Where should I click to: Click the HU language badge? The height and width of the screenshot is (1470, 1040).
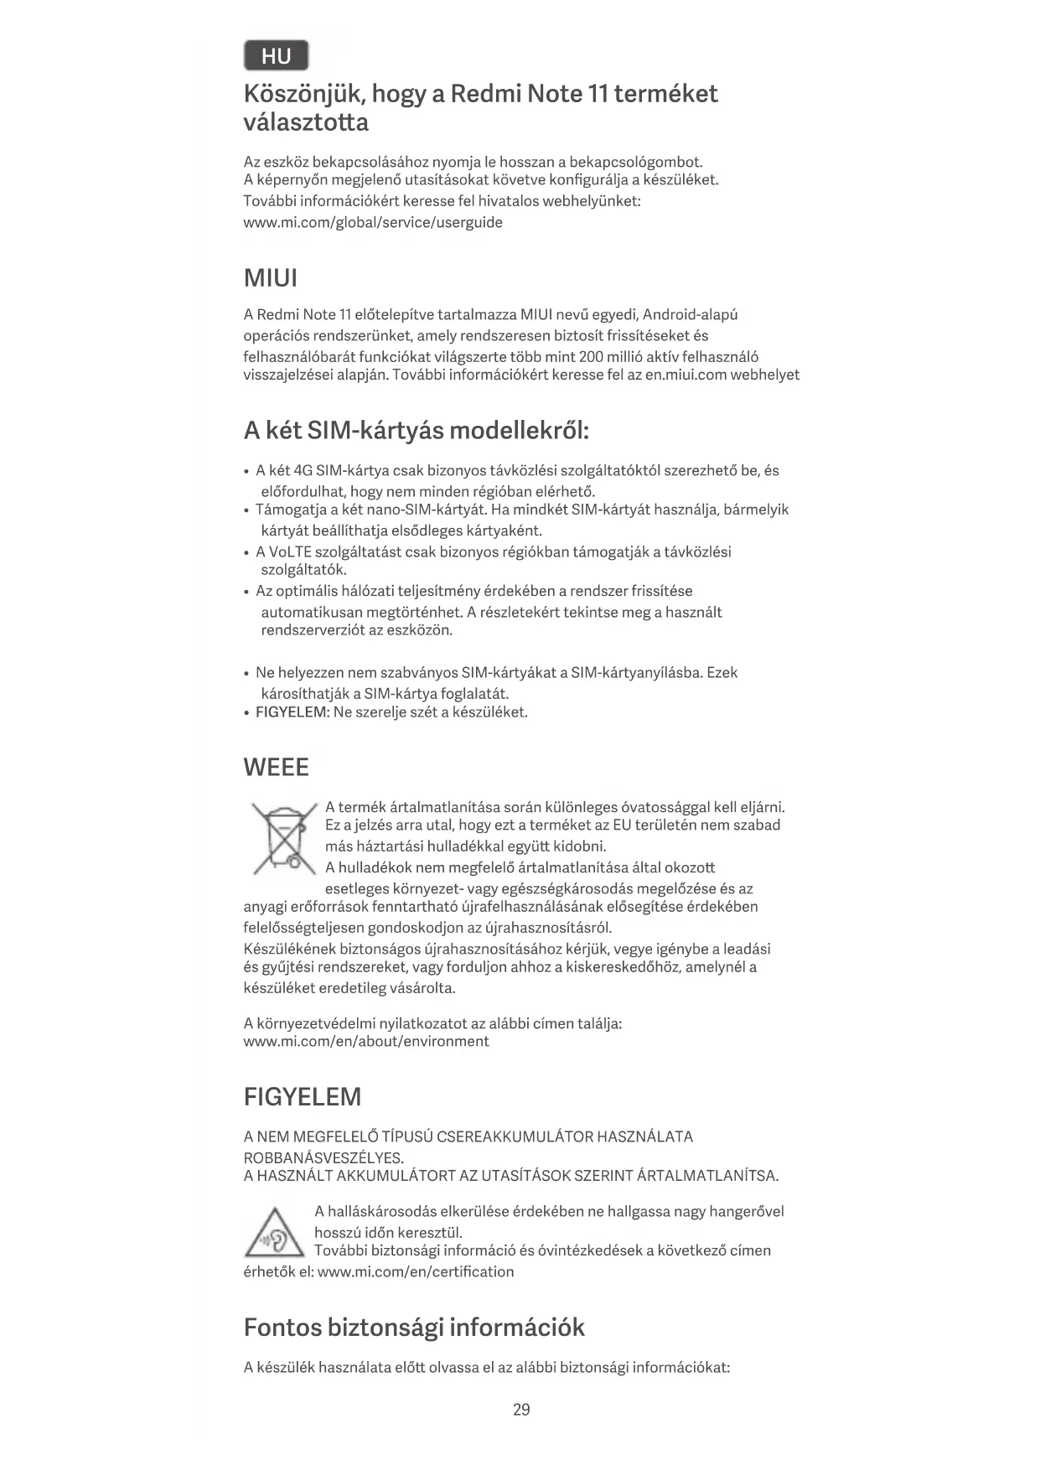[x=276, y=56]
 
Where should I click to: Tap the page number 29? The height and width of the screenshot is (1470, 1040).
[x=521, y=1409]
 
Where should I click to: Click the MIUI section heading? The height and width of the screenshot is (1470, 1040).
[x=270, y=278]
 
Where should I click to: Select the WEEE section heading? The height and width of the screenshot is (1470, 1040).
[x=276, y=767]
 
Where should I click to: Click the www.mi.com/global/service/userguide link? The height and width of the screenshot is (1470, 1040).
[x=373, y=222]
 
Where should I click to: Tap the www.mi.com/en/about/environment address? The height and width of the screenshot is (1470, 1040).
[x=366, y=1042]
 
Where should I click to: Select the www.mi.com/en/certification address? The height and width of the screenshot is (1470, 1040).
[x=416, y=1271]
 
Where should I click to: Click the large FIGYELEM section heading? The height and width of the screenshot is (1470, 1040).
[x=302, y=1096]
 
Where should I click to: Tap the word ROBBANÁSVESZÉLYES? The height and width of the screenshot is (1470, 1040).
[x=323, y=1157]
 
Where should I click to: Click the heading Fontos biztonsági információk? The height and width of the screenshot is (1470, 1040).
[x=414, y=1327]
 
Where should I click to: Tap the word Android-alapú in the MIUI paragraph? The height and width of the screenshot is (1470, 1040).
[x=690, y=315]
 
